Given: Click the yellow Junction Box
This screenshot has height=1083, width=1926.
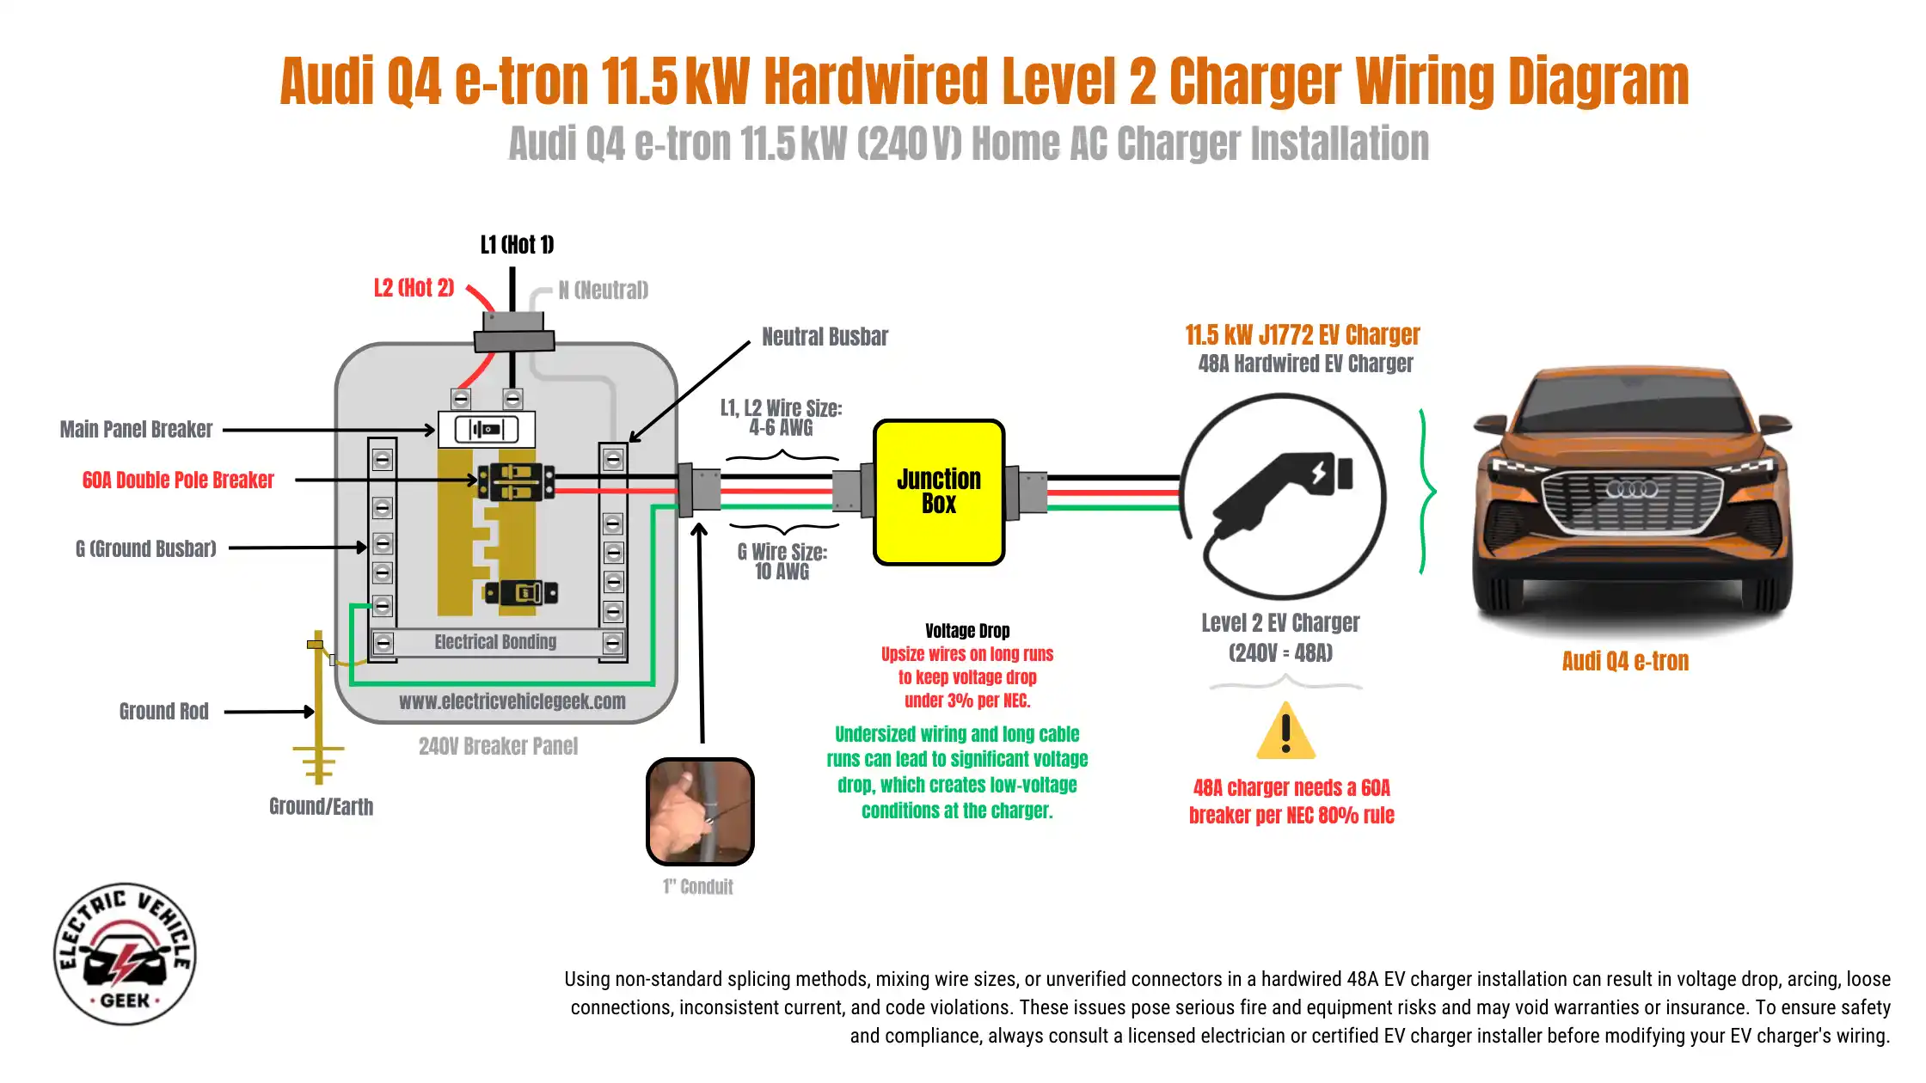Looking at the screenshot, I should pos(939,492).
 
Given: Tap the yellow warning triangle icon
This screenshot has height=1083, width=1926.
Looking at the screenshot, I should pos(1285,733).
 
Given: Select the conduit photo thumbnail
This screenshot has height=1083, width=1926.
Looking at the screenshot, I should pos(700,811).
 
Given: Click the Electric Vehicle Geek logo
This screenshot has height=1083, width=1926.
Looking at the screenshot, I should pos(126,954).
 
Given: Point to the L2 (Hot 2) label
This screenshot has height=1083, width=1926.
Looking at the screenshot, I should pos(414,288).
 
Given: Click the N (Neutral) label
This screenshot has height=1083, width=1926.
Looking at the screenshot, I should pos(604,291).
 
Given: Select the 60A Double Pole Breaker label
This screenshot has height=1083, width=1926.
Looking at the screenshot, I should pos(178,480).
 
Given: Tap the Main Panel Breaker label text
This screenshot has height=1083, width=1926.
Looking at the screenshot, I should pos(136,430).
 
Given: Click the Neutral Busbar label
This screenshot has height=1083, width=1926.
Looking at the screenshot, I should pos(825,337).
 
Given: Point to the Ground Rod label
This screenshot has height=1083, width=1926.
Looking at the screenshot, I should pos(163,712).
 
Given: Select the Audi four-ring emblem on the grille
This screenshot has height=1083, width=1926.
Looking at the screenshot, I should pos(1631,489).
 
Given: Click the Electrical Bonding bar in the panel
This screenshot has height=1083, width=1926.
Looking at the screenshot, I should pos(496,642).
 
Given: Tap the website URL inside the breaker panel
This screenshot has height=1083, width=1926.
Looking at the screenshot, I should pos(512,701).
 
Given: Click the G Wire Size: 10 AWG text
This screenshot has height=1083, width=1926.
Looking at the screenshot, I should pos(782,561).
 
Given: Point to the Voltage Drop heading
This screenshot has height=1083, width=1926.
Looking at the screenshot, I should pos(967,631).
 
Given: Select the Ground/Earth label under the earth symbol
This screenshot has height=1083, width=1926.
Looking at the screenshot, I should pos(321,806).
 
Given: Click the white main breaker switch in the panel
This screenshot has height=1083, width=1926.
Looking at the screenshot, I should pos(487,429).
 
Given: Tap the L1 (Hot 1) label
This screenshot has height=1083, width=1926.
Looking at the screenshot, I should pos(517,245).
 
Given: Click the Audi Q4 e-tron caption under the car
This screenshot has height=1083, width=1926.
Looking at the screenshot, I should pos(1625,661).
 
